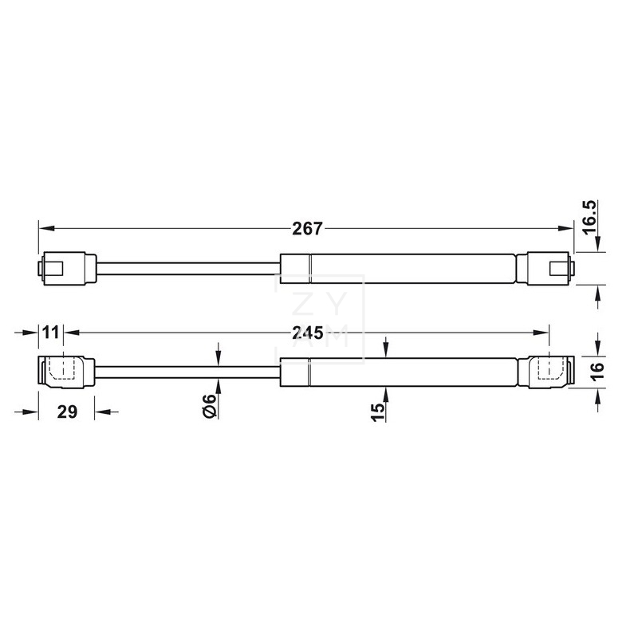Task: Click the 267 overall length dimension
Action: (x=306, y=229)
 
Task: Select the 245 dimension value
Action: (x=306, y=331)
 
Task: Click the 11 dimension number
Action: (x=51, y=331)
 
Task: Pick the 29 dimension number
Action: (x=67, y=413)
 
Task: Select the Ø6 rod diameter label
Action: (x=210, y=408)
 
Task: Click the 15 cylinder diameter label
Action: (x=378, y=410)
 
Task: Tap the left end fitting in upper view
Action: (x=68, y=269)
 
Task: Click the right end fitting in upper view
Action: (x=546, y=269)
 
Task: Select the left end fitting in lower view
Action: (x=67, y=372)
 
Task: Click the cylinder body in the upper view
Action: (x=399, y=269)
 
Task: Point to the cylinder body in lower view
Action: (x=399, y=372)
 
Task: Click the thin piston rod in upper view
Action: (x=187, y=269)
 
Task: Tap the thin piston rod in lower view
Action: (x=187, y=372)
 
